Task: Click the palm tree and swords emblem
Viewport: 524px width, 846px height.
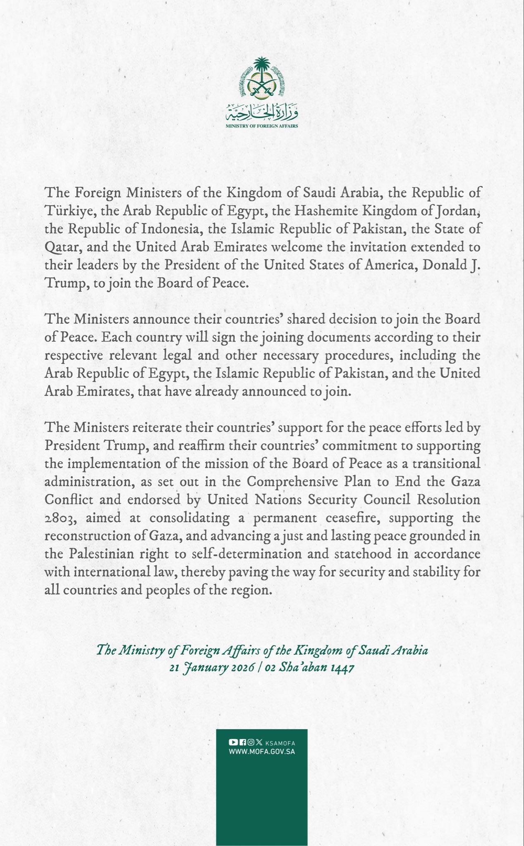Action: (262, 79)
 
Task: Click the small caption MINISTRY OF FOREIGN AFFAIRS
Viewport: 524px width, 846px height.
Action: (262, 126)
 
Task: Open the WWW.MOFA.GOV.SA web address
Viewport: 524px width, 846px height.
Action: (262, 751)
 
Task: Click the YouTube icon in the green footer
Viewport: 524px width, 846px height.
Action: (233, 743)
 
